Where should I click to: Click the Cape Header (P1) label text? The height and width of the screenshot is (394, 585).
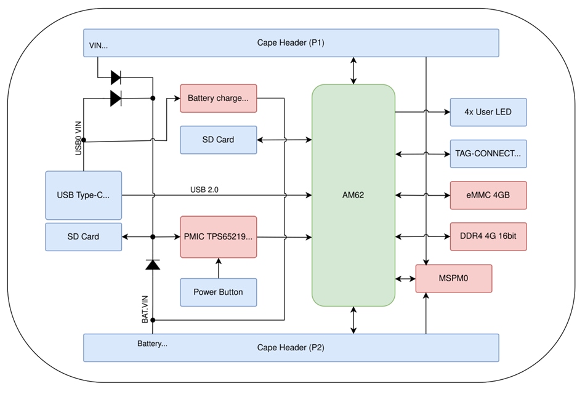click(x=291, y=42)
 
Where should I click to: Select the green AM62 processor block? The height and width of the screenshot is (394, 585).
click(x=353, y=195)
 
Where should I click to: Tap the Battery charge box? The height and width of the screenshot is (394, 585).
click(x=218, y=98)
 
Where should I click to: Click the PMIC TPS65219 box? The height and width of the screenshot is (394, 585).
click(x=218, y=236)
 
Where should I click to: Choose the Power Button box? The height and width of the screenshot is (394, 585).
click(x=218, y=292)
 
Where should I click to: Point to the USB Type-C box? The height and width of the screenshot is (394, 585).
click(x=83, y=195)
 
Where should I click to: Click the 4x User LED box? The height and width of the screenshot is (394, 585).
click(x=488, y=112)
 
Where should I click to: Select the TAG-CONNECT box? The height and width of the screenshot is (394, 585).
click(x=488, y=153)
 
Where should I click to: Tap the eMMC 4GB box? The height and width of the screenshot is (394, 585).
click(x=488, y=195)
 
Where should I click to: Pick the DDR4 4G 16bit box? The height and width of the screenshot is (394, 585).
click(x=488, y=236)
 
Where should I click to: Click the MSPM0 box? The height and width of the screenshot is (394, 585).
click(x=454, y=278)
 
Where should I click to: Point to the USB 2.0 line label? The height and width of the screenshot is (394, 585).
click(x=204, y=190)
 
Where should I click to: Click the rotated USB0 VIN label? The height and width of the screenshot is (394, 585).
click(x=79, y=138)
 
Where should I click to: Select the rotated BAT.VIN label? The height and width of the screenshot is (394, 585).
click(x=145, y=309)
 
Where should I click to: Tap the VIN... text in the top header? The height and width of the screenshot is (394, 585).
click(x=99, y=46)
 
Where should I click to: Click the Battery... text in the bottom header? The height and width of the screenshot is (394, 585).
click(x=152, y=344)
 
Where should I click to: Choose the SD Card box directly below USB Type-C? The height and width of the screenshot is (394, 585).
click(x=83, y=236)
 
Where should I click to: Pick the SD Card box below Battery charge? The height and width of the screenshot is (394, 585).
click(x=218, y=140)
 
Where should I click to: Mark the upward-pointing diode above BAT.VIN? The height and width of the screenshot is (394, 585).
click(x=152, y=264)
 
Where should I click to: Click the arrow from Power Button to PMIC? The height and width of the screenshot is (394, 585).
click(x=218, y=267)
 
